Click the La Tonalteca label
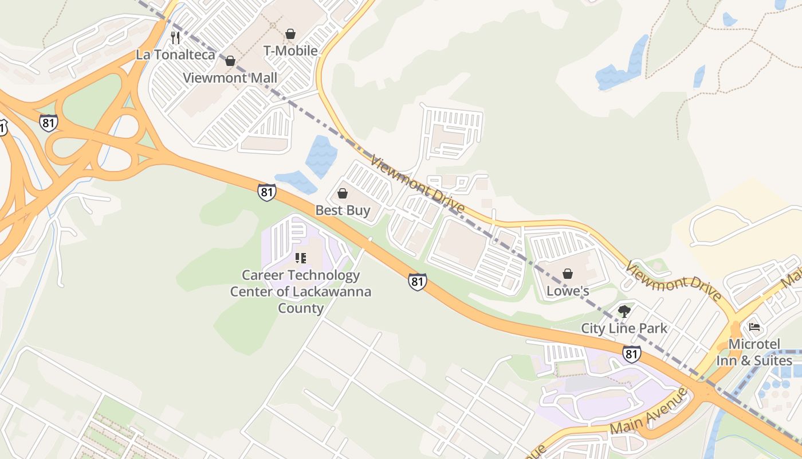(175, 55)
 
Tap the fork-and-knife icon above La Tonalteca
(175, 38)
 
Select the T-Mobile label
(290, 50)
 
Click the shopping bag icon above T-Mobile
(290, 34)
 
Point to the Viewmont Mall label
(230, 77)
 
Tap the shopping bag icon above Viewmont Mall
(230, 61)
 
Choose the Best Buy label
(343, 210)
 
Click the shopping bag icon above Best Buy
(343, 193)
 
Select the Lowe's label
(567, 291)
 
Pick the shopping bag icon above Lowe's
(568, 274)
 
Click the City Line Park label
(624, 328)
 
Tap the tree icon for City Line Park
(624, 312)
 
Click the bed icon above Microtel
(754, 328)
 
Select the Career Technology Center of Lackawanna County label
(301, 291)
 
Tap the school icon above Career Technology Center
(301, 258)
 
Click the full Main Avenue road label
(647, 412)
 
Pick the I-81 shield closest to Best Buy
(266, 192)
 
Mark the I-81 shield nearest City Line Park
(631, 354)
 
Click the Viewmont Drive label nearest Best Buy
(417, 184)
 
